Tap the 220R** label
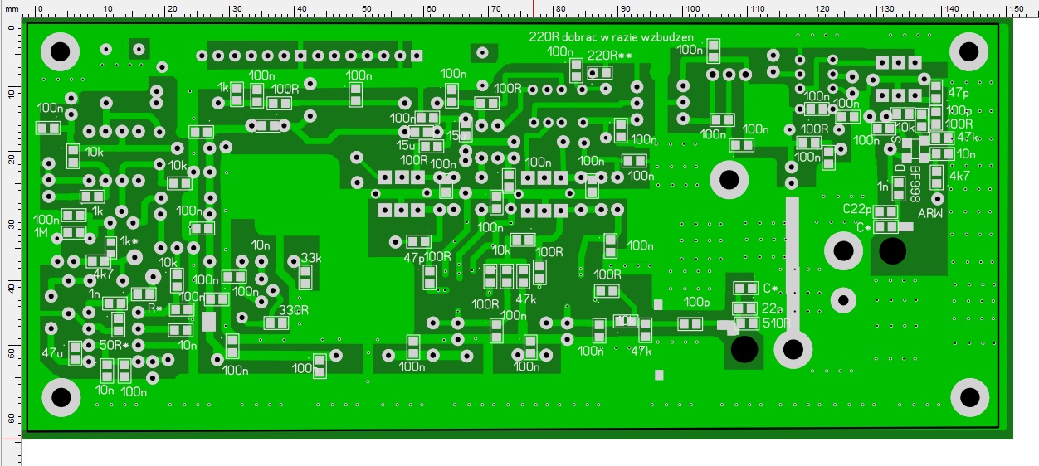point(610,56)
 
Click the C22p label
point(859,208)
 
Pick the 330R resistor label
point(294,310)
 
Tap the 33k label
point(310,257)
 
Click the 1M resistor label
point(41,233)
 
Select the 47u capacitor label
point(52,352)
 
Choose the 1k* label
point(129,241)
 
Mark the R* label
point(155,308)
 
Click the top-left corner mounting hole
point(60,53)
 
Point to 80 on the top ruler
point(559,8)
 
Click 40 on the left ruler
point(11,286)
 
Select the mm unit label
point(11,8)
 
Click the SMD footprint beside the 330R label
point(276,323)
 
